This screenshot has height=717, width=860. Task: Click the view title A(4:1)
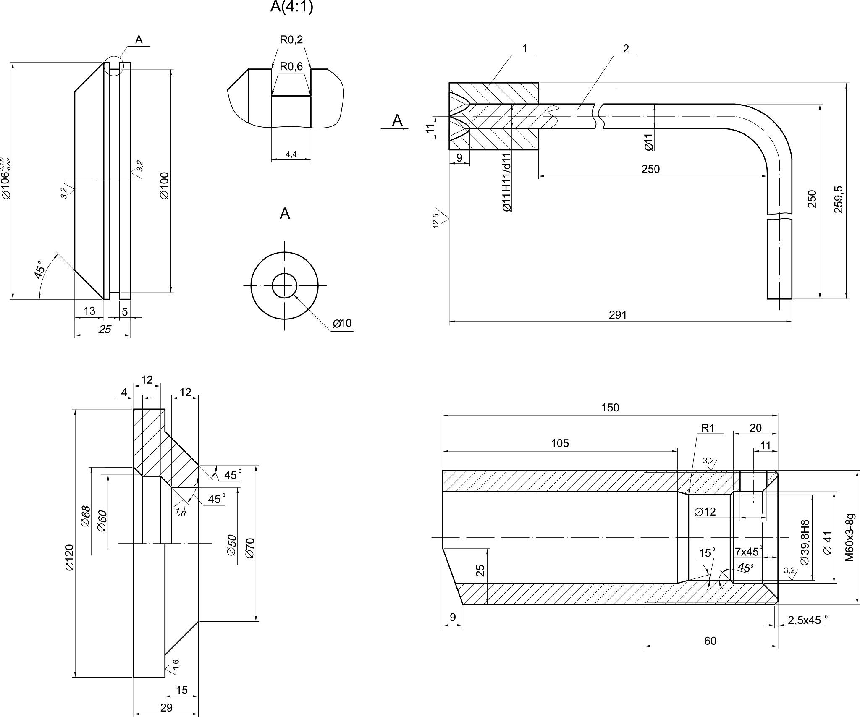tap(292, 7)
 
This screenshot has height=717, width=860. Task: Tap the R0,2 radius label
tap(291, 40)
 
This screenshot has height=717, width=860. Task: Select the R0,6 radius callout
tap(291, 67)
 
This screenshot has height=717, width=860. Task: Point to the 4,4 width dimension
tap(291, 154)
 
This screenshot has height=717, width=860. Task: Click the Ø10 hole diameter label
tap(342, 323)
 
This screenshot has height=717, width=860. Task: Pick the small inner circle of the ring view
tap(285, 286)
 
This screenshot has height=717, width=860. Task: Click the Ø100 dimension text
tap(164, 185)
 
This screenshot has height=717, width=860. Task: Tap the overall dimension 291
tap(618, 315)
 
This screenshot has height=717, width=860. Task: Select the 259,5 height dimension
tap(839, 199)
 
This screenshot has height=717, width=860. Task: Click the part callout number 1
tap(524, 49)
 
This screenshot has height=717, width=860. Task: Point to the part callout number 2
tap(626, 49)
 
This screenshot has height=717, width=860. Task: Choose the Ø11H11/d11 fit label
tap(507, 182)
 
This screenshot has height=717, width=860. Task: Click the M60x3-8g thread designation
tap(850, 537)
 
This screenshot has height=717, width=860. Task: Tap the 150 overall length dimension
tap(610, 408)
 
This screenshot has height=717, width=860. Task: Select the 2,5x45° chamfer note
tap(804, 620)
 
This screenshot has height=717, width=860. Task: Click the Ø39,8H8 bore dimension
tap(805, 543)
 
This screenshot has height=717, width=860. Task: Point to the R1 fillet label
tap(708, 428)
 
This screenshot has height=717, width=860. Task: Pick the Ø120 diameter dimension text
tap(69, 557)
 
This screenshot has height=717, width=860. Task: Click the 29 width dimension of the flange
tap(166, 708)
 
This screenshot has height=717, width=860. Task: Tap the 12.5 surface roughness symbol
tap(437, 220)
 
